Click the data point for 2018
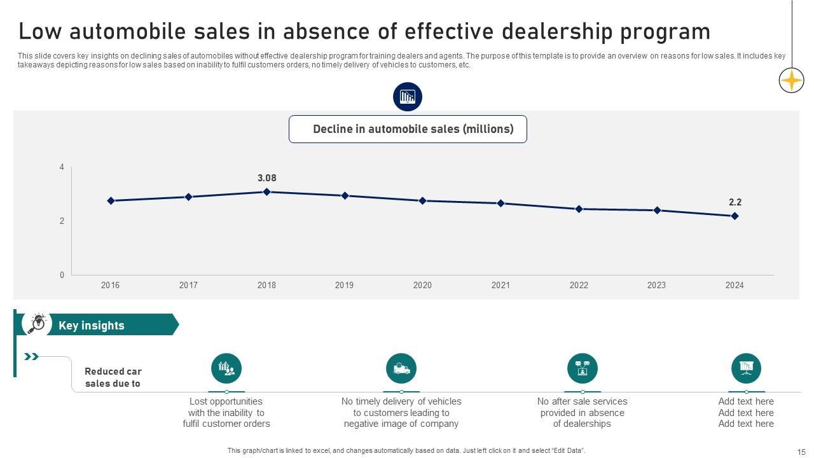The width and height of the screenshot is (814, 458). coord(266,191)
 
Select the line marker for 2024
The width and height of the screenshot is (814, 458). coord(735,216)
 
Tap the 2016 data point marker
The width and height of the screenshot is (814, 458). coord(111,201)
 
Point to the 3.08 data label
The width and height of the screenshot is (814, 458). coord(266,178)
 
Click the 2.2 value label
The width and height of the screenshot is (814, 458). coord(735,202)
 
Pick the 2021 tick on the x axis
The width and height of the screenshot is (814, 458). coord(500,286)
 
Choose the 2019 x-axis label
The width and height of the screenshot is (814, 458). coord(344,286)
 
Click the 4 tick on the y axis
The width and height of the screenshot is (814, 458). coord(62,167)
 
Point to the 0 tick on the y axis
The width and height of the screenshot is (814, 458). coord(62,275)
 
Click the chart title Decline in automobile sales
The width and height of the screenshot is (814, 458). coord(413,129)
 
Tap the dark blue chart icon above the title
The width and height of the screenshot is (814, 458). coord(407,97)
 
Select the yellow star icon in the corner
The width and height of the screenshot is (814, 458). coord(791,81)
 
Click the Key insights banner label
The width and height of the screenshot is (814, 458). coord(92,326)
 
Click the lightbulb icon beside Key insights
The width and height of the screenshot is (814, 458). coord(37,323)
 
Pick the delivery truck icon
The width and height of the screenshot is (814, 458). coord(401,368)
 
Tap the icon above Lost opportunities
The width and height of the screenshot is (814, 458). coord(226,368)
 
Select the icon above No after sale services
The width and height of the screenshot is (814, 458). coord(583,368)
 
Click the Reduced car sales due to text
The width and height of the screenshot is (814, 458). coord(113,377)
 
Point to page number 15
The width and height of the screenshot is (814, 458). coord(801,452)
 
